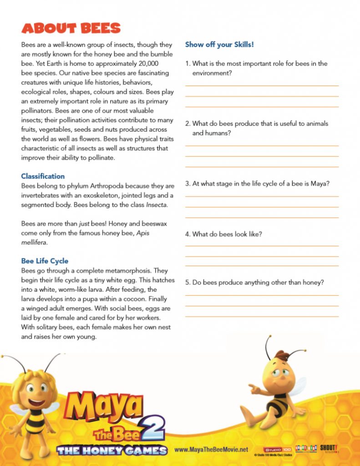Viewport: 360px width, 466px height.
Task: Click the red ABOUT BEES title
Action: pyautogui.click(x=71, y=28)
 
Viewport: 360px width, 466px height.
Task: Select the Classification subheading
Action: pyautogui.click(x=43, y=176)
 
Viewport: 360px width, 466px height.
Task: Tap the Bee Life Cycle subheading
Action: pyautogui.click(x=45, y=261)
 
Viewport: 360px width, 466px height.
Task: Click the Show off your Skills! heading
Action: pyautogui.click(x=219, y=45)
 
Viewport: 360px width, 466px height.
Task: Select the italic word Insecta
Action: pyautogui.click(x=156, y=205)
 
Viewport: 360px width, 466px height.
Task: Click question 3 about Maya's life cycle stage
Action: pyautogui.click(x=257, y=183)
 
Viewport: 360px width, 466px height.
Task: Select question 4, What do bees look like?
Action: pyautogui.click(x=223, y=234)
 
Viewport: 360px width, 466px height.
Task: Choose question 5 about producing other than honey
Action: pyautogui.click(x=254, y=282)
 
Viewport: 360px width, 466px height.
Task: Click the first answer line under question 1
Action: pyautogui.click(x=262, y=85)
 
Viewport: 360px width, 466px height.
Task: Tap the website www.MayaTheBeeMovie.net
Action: pyautogui.click(x=212, y=450)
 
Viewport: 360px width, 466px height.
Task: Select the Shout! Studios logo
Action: pyautogui.click(x=329, y=448)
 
